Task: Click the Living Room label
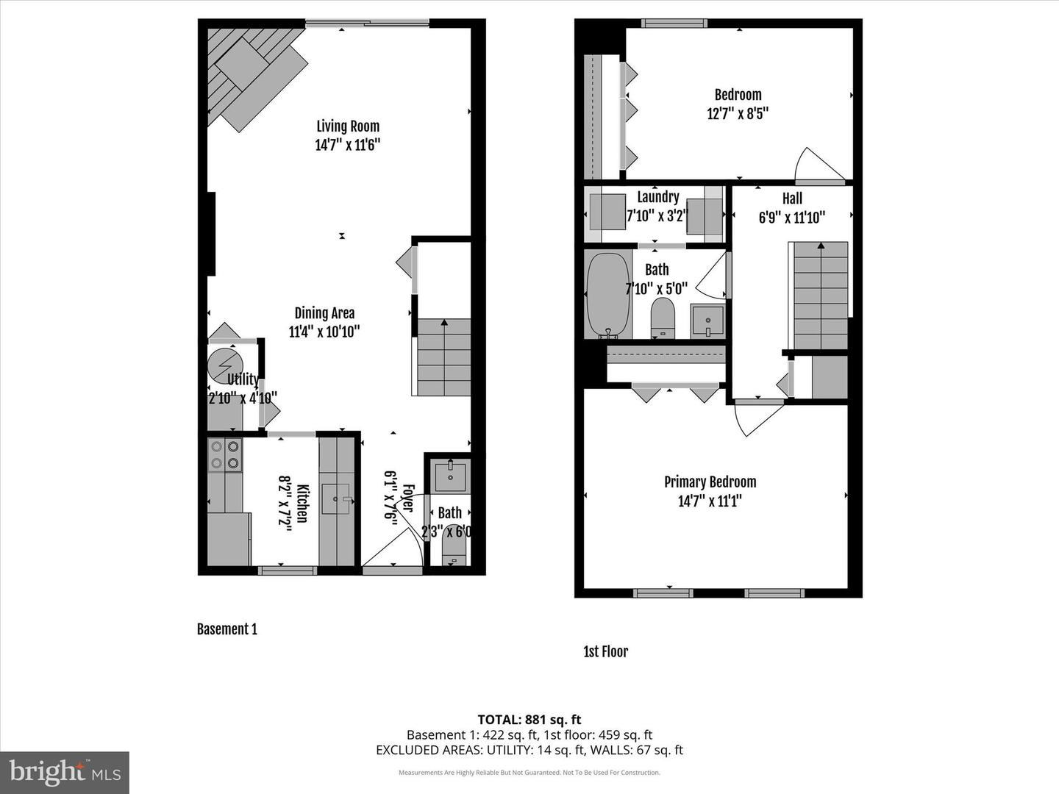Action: tap(348, 126)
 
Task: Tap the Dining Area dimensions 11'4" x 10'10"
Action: tap(324, 332)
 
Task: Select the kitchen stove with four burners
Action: tap(224, 454)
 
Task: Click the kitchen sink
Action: tap(339, 499)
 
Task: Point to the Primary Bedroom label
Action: tap(710, 482)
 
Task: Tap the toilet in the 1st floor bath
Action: tap(663, 317)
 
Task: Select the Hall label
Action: tap(792, 198)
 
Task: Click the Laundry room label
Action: tap(657, 196)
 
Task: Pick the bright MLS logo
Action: tap(65, 772)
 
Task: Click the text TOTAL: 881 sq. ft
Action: tap(529, 719)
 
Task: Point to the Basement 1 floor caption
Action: tap(227, 629)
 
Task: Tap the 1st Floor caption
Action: tap(605, 651)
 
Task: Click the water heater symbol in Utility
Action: tap(225, 366)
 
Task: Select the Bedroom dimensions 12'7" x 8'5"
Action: tap(738, 114)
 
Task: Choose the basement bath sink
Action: tap(450, 476)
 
